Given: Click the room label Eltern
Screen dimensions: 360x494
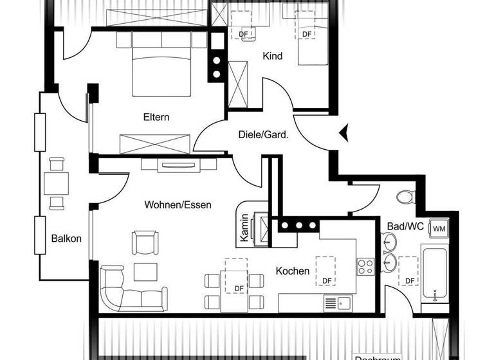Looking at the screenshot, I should [156, 117].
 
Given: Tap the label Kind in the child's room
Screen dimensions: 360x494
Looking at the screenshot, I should [272, 57].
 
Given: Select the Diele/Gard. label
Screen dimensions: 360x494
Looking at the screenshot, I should [259, 136].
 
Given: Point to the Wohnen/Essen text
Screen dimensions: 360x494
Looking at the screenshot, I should [178, 205].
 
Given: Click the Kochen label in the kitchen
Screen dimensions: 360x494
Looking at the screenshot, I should [293, 271].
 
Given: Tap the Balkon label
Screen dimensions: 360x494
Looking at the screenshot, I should [67, 239].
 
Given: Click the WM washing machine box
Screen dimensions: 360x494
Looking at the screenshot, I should [439, 228].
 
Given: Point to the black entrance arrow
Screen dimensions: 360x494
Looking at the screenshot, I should [345, 132].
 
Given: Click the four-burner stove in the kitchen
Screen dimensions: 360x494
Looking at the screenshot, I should [366, 264].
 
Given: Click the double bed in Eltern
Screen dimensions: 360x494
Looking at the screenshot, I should [161, 71].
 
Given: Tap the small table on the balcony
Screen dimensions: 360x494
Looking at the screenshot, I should [57, 184].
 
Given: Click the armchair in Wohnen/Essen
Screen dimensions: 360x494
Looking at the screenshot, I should [143, 242].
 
